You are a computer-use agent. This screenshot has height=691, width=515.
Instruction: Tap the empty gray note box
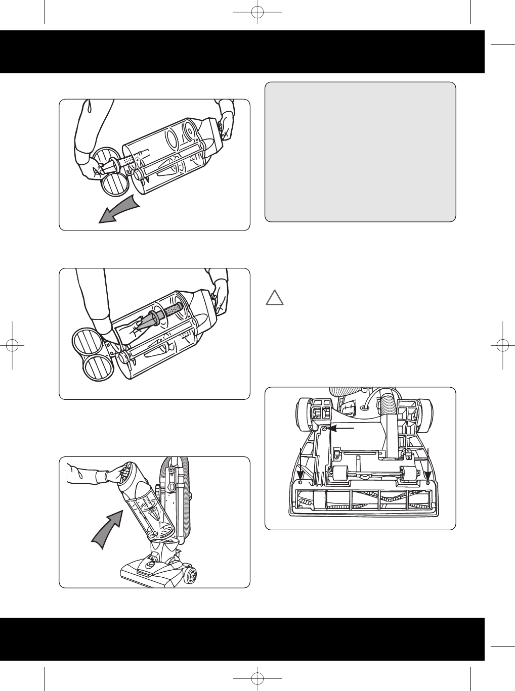360,152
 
